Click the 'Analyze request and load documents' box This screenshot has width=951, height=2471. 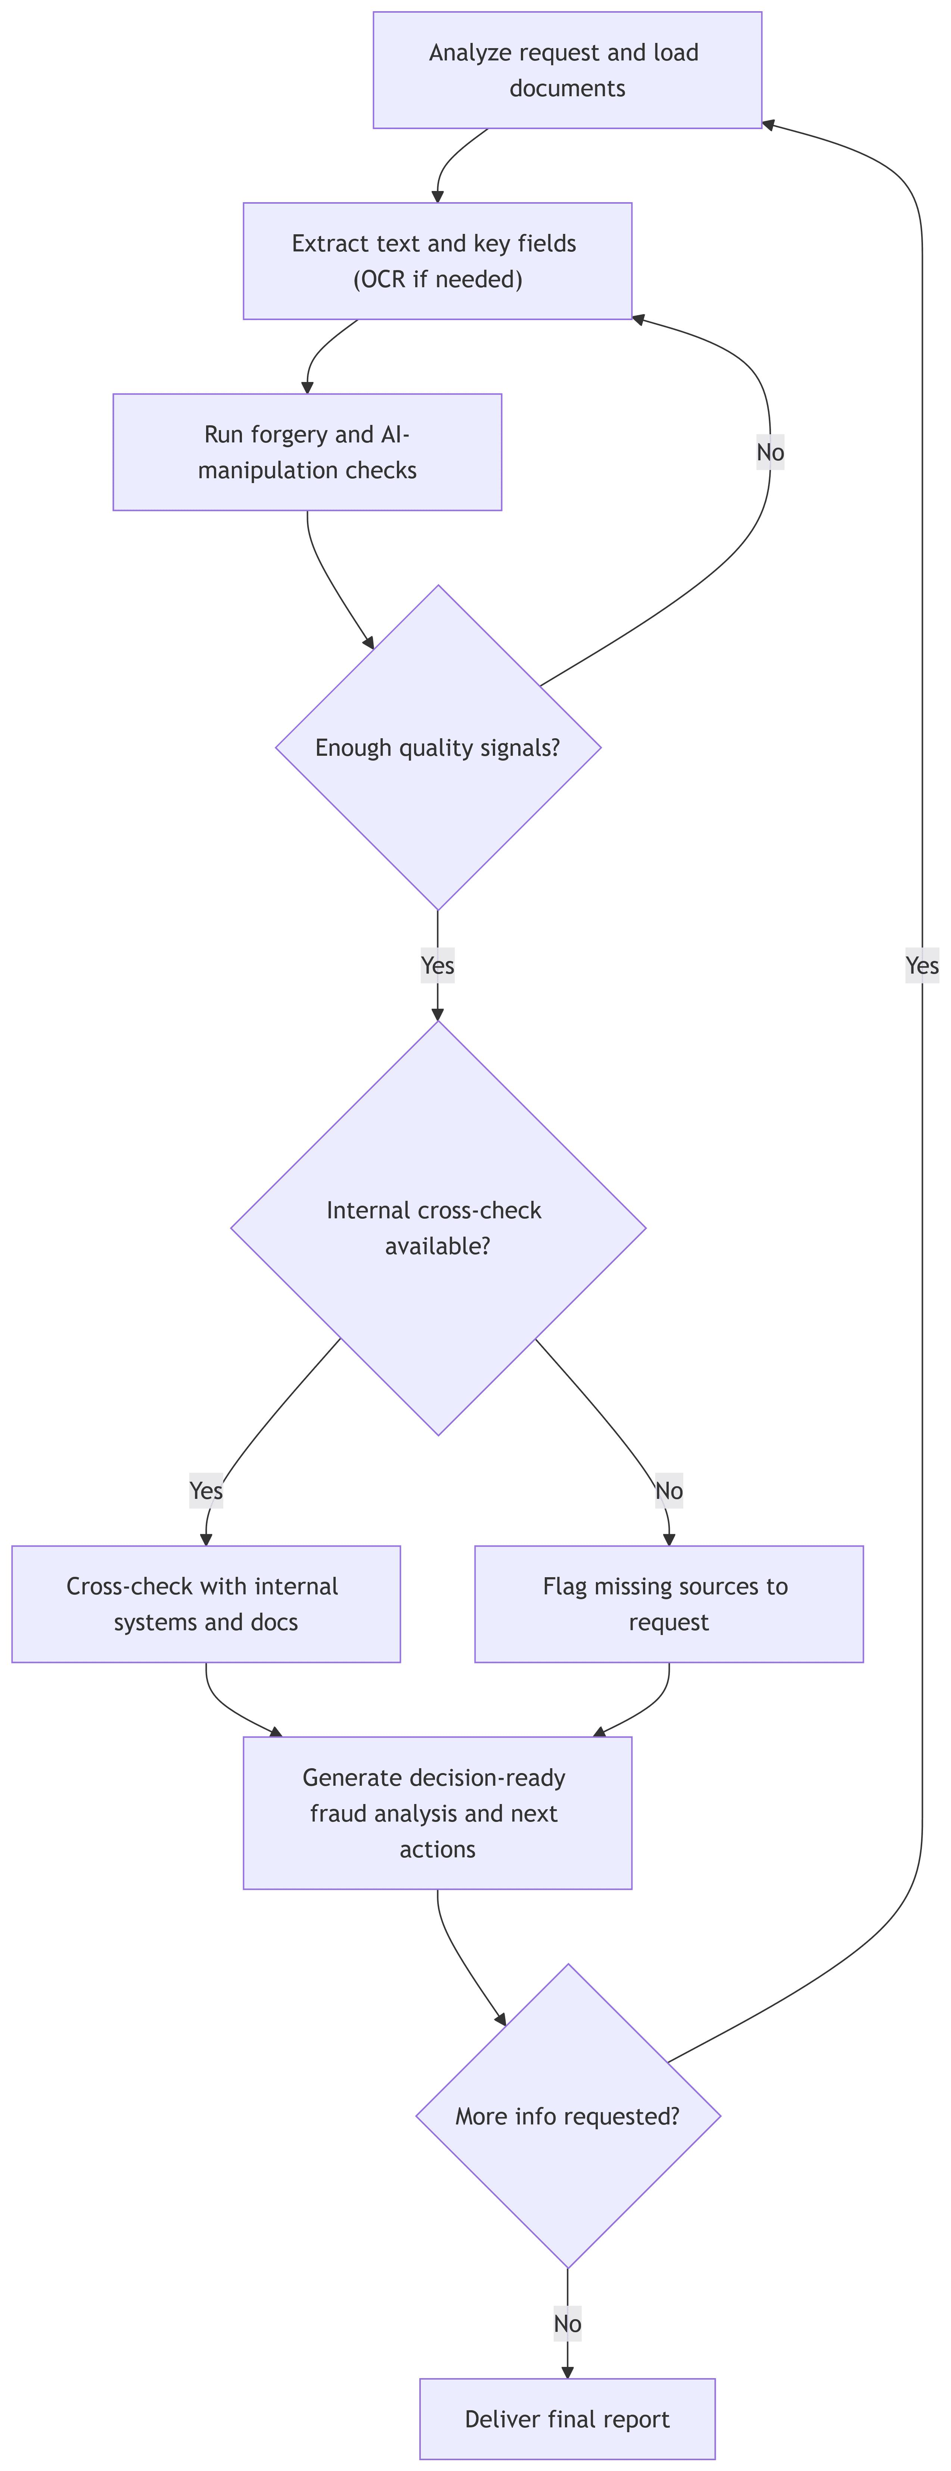click(x=567, y=70)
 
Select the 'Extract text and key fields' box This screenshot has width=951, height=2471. click(x=438, y=261)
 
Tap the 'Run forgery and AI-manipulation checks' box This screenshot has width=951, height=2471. click(x=307, y=452)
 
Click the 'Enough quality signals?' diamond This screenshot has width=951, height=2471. click(x=438, y=747)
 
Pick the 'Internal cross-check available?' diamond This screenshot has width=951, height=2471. click(x=438, y=1228)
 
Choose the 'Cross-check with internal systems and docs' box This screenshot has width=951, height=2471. click(x=205, y=1604)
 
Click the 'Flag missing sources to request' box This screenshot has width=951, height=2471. click(x=669, y=1604)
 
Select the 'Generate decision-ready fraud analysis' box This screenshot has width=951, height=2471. click(x=438, y=1813)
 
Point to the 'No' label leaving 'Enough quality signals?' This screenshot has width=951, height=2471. click(x=770, y=452)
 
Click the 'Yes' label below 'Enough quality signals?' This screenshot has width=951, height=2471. click(x=438, y=965)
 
